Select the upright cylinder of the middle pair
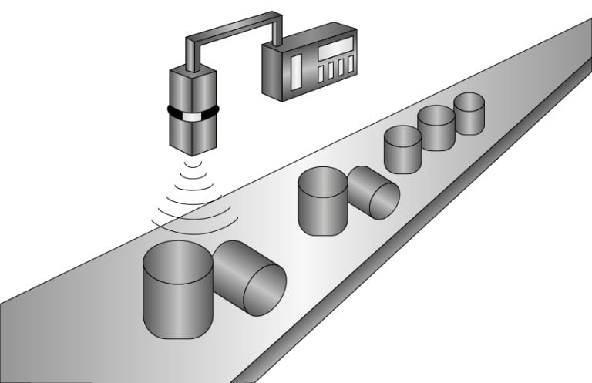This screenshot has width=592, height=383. (323, 203)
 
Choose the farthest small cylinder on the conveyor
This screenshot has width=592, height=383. (469, 113)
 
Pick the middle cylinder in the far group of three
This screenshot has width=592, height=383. (436, 128)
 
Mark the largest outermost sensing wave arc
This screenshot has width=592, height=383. (193, 224)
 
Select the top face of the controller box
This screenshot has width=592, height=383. (308, 35)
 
